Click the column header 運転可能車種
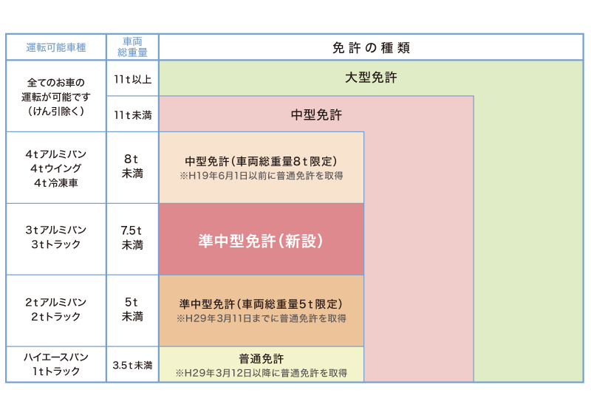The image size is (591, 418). click(x=56, y=47)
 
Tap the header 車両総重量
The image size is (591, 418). click(x=132, y=47)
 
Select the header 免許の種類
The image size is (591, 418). click(x=372, y=48)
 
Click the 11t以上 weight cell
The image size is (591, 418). click(x=133, y=79)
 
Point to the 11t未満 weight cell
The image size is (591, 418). click(x=133, y=115)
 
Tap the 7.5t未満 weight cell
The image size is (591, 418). click(x=132, y=238)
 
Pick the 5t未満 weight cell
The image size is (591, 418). click(x=132, y=309)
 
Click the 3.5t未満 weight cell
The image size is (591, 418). click(x=133, y=366)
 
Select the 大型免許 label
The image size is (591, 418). click(x=372, y=78)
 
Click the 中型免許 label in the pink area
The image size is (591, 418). click(x=316, y=115)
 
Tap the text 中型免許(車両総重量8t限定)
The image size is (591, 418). click(x=262, y=161)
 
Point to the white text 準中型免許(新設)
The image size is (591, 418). click(x=261, y=241)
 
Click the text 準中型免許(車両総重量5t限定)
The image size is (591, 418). click(x=262, y=304)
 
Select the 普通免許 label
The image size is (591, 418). click(x=262, y=358)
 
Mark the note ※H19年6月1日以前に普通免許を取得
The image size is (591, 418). click(x=262, y=176)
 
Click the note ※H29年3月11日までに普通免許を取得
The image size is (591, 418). click(x=262, y=318)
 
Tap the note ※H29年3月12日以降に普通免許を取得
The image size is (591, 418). click(x=262, y=373)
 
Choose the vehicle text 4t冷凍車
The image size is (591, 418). click(x=56, y=183)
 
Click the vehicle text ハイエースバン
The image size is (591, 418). click(x=56, y=357)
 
